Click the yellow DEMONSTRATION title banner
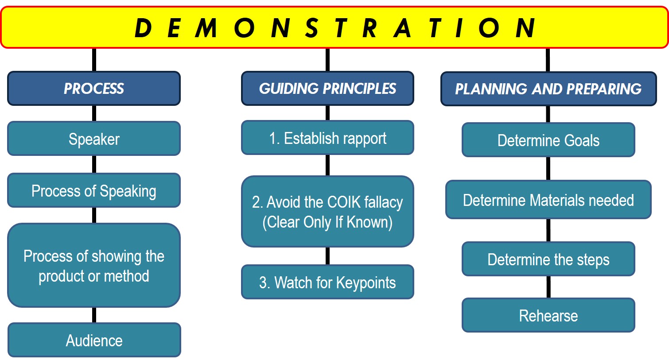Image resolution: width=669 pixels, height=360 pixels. [334, 27]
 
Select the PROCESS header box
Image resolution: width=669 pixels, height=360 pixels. [94, 89]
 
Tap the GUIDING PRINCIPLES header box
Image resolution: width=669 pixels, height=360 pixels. [327, 89]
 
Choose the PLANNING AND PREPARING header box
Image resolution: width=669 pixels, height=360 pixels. [548, 89]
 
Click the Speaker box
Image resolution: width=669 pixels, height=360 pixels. [94, 139]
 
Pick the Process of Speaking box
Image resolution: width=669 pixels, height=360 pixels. [94, 191]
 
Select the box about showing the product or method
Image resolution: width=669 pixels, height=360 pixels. [94, 266]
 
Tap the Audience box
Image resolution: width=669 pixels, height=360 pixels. [94, 340]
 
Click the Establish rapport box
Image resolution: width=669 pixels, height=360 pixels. [327, 138]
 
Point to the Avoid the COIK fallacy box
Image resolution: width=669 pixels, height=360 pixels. [327, 212]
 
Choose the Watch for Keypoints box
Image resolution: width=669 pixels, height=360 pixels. [327, 282]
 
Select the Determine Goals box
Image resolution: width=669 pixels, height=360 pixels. [548, 140]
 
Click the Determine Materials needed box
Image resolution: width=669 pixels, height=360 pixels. [548, 200]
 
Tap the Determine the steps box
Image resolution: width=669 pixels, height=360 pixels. [548, 259]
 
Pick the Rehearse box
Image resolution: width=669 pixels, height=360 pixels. [548, 315]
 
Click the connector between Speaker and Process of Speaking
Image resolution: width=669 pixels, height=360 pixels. [94, 164]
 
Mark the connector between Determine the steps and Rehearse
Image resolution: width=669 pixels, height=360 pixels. [548, 287]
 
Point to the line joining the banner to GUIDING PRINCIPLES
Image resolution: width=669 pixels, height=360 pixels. [327, 60]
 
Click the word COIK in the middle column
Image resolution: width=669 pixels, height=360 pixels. [344, 202]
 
